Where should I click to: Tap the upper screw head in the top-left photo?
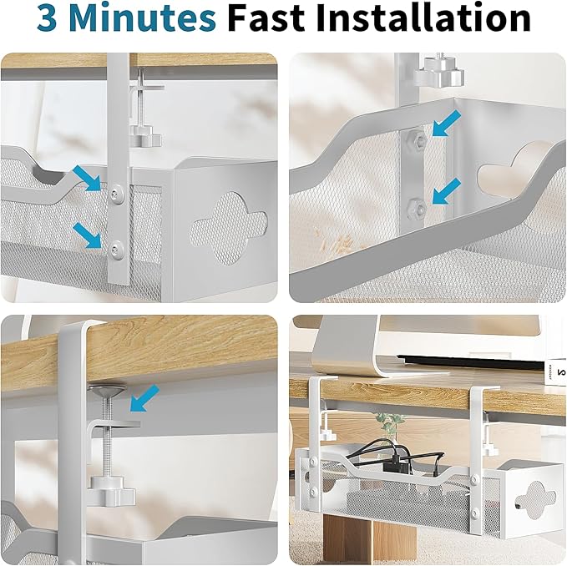point(116,194)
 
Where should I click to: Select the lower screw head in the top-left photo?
point(116,247)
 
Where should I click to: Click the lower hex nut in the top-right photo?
point(418,205)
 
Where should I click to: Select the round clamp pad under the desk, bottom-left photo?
point(109,389)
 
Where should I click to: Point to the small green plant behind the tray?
point(390,420)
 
